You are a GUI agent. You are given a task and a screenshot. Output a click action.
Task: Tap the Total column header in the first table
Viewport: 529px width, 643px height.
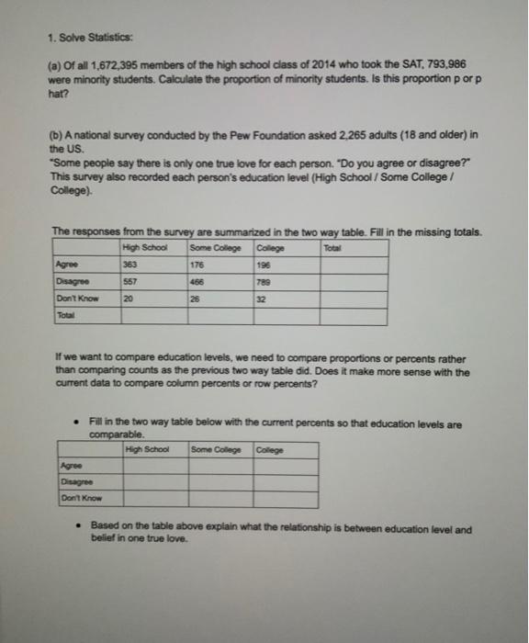[x=331, y=246]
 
